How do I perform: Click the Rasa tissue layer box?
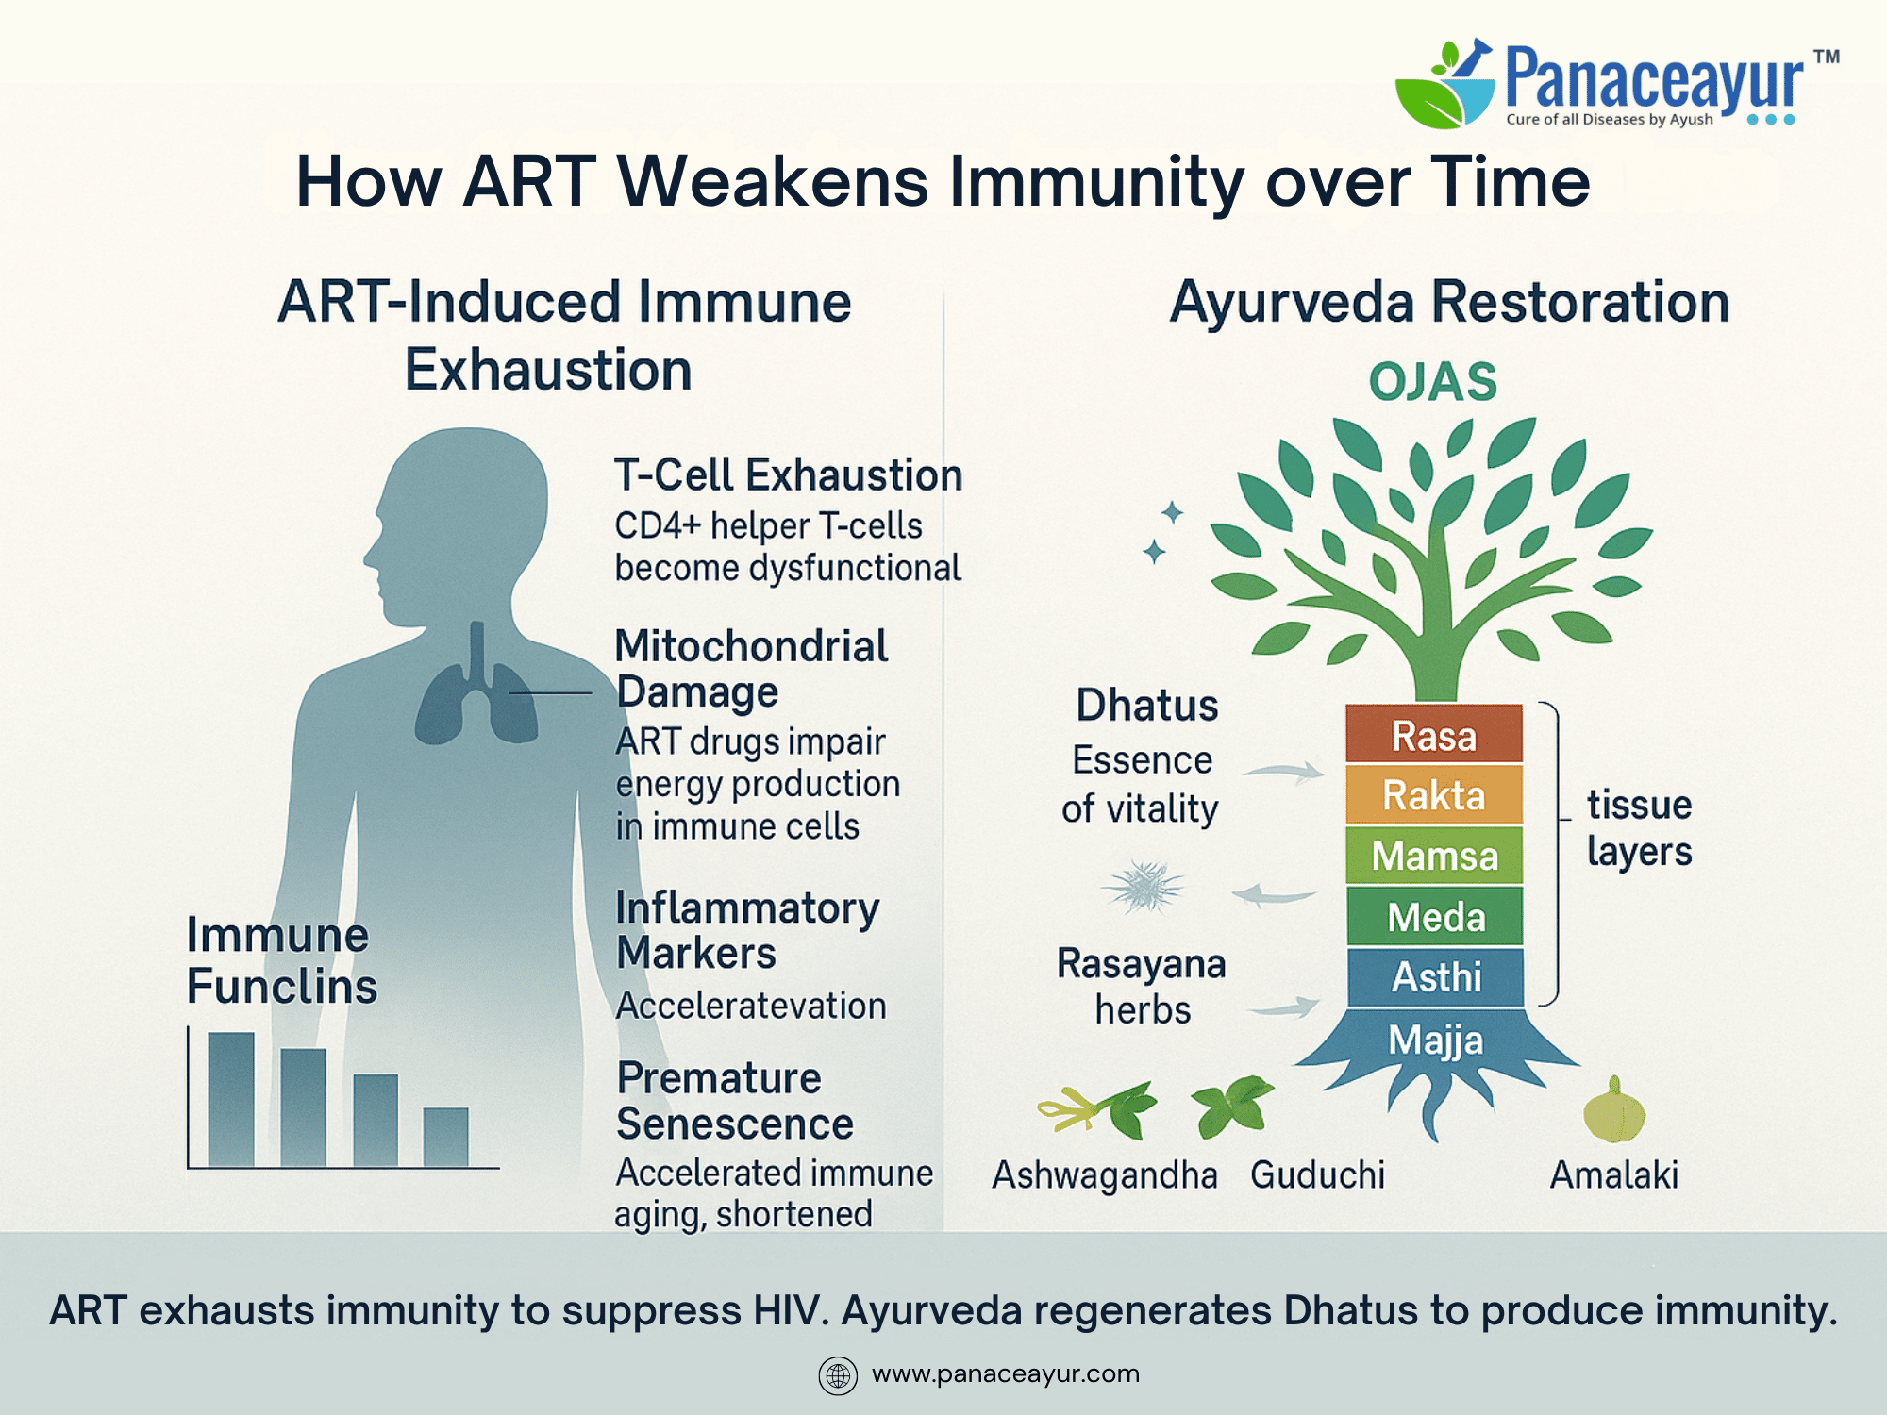1434,734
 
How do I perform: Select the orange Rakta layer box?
1434,794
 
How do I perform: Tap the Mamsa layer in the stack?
1434,855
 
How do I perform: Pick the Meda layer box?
1434,916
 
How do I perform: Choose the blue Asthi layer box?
1435,977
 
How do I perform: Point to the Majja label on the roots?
1436,1040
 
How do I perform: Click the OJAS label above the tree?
1432,382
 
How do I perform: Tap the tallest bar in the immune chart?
231,1100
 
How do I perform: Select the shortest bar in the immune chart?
445,1138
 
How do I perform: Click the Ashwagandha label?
1105,1175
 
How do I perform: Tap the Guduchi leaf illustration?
1231,1105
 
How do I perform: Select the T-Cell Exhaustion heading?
788,474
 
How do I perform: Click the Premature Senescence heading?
735,1101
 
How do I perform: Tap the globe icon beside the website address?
838,1375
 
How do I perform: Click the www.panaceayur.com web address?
1006,1374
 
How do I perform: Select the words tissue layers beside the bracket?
1640,828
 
